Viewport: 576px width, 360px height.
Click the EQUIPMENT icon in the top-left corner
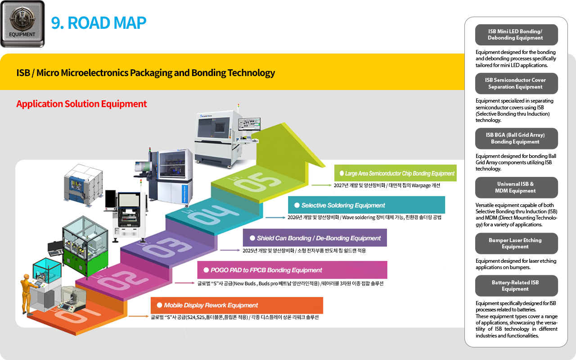22,24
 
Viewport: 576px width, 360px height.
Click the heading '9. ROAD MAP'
99,23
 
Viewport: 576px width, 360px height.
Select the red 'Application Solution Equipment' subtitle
81,104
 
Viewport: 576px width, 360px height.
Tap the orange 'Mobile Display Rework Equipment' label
237,305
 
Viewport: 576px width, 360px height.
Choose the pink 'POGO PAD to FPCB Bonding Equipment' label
292,270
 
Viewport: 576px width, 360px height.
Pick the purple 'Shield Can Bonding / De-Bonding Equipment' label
315,238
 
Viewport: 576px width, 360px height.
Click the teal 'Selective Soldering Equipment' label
366,205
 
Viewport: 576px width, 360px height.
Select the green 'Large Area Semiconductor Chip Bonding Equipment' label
396,173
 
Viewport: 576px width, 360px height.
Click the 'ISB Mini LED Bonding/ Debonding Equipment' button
516,35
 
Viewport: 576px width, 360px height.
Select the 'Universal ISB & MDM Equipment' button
516,187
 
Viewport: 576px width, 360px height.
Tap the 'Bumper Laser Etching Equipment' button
516,243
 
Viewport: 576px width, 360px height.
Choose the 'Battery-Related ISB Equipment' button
516,286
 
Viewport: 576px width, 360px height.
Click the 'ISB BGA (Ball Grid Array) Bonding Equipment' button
516,138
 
